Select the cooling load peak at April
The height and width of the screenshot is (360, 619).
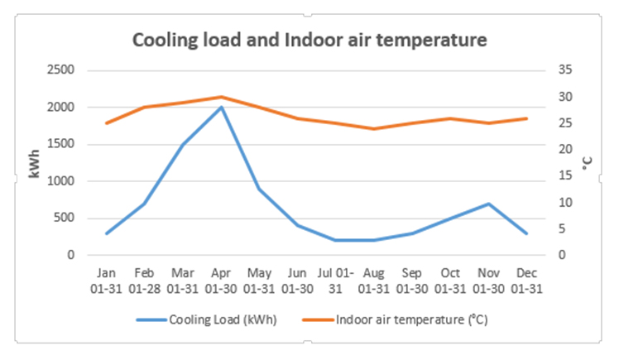tap(221, 107)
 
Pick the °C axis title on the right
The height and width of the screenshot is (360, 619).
tap(588, 164)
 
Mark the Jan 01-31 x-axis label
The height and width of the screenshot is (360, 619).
tap(106, 280)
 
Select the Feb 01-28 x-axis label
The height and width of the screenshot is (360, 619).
tap(144, 280)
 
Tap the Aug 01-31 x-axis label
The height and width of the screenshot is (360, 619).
tap(373, 280)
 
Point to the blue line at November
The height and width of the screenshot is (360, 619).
tap(488, 204)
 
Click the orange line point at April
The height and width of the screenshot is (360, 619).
tap(221, 97)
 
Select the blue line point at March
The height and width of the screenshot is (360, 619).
tap(183, 145)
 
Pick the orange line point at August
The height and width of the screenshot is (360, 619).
tap(373, 128)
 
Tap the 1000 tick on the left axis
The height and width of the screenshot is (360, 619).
tap(62, 181)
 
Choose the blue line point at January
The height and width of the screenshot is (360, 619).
tap(106, 233)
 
